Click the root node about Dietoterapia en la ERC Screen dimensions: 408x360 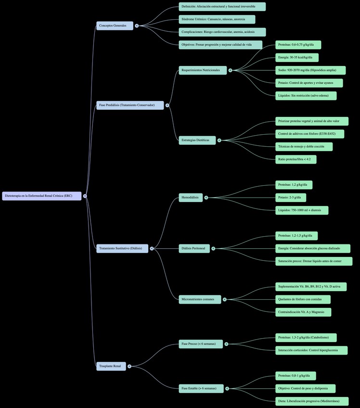pyautogui.click(x=42, y=196)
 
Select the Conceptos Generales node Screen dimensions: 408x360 pyautogui.click(x=115, y=25)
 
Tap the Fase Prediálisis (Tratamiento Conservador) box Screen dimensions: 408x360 pyautogui.click(x=130, y=105)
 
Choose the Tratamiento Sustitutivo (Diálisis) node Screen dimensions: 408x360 pyautogui.click(x=122, y=248)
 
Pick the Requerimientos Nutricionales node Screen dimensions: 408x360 pyautogui.click(x=203, y=70)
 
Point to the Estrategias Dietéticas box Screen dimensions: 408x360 pyautogui.click(x=197, y=140)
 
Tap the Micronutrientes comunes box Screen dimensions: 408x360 pyautogui.click(x=200, y=299)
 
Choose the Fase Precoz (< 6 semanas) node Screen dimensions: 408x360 pyautogui.click(x=201, y=344)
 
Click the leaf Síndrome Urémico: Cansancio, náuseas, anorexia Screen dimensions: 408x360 pyautogui.click(x=217, y=19)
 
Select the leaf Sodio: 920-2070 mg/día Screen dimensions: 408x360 pyautogui.click(x=310, y=70)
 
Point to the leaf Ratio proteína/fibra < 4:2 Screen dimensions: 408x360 pyautogui.click(x=296, y=159)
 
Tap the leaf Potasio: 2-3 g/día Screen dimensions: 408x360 pyautogui.click(x=291, y=197)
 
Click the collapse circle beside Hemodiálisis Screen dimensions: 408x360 pyautogui.click(x=206, y=197)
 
